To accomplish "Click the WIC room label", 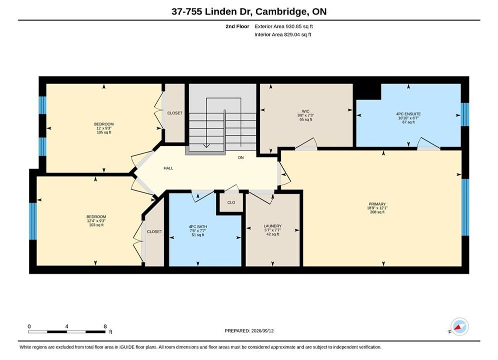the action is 305,111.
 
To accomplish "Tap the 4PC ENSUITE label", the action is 408,114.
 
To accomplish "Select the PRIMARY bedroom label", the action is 377,204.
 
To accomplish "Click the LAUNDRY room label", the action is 272,226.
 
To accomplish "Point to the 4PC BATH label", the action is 198,227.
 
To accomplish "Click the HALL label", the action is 168,168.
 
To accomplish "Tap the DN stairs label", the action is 241,157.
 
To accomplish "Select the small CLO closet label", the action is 231,202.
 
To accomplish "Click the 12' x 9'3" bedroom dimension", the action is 104,128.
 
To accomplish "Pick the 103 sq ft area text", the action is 96,225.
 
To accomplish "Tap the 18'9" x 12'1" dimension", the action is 377,208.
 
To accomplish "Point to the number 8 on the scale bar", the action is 105,326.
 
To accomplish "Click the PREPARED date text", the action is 249,331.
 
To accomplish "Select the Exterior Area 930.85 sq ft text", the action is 284,26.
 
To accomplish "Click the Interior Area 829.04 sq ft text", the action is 283,34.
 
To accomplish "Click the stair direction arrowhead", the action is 206,145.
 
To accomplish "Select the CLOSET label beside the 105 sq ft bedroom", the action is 175,113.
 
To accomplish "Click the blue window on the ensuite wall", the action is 464,114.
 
